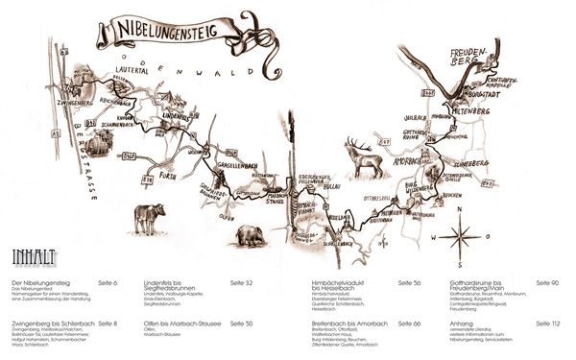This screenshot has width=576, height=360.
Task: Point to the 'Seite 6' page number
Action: [106, 284]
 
